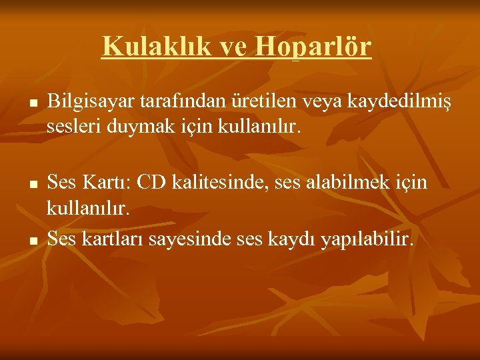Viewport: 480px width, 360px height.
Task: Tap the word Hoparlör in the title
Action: click(313, 47)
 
